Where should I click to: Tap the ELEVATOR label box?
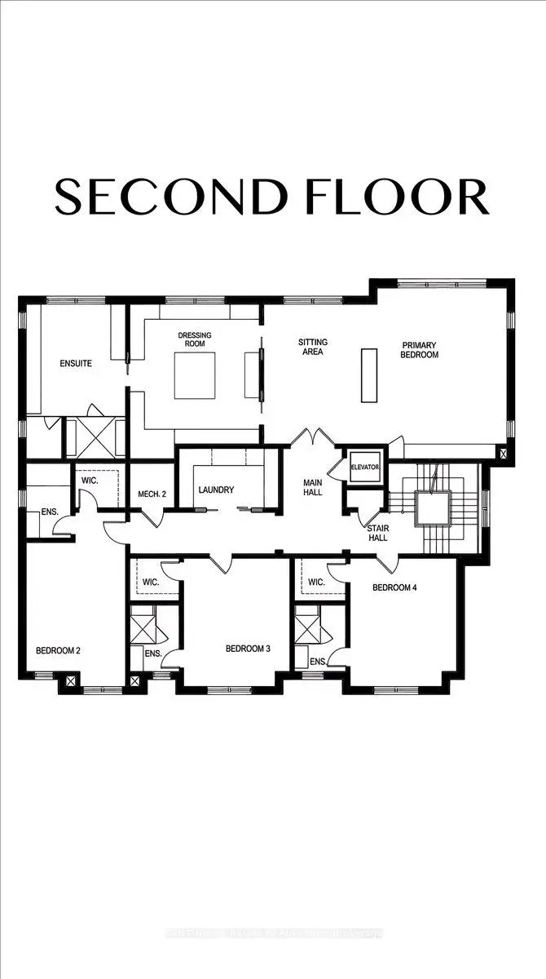click(365, 467)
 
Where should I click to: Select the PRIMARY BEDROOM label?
click(420, 350)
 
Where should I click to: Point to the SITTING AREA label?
click(310, 347)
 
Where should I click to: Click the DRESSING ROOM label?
click(195, 339)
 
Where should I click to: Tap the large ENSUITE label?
click(75, 363)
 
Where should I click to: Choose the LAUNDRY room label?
click(217, 489)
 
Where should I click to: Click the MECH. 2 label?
click(152, 493)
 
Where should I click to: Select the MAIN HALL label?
click(314, 487)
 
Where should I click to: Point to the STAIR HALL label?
click(377, 534)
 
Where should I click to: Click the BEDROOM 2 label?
click(57, 650)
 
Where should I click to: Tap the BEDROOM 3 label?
click(248, 649)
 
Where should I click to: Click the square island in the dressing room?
click(196, 375)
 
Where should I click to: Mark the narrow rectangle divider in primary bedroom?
click(370, 374)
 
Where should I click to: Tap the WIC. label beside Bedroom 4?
click(317, 583)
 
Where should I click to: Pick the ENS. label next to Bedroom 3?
click(152, 654)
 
